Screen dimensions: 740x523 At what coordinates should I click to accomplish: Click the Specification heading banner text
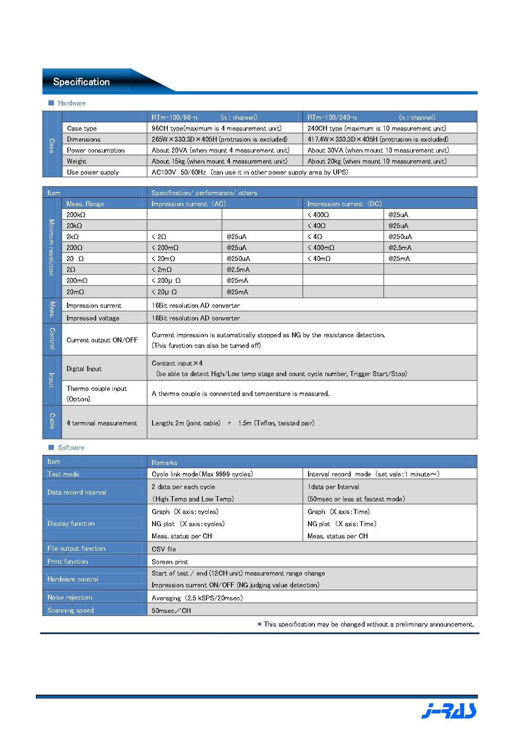click(x=81, y=82)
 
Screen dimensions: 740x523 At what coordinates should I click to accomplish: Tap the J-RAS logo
click(x=449, y=711)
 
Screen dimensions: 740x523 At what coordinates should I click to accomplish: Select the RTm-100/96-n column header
click(x=174, y=117)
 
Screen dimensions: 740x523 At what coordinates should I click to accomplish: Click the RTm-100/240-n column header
click(x=332, y=117)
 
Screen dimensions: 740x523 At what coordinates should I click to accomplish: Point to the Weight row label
click(x=77, y=161)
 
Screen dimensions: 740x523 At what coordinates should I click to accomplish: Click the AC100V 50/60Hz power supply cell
click(x=249, y=172)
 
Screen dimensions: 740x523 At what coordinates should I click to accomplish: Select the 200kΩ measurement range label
click(x=76, y=215)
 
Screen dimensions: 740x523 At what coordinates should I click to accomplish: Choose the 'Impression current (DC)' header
click(x=344, y=204)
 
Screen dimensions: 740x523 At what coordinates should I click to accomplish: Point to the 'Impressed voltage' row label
click(x=93, y=318)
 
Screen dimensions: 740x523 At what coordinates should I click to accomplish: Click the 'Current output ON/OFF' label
click(x=102, y=340)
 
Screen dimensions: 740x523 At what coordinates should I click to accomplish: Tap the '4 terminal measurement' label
click(x=102, y=423)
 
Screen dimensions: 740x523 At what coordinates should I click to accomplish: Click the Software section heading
click(x=71, y=447)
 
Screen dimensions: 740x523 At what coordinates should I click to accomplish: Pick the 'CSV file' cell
click(x=164, y=549)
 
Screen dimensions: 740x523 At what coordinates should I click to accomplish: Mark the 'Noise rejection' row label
click(x=70, y=597)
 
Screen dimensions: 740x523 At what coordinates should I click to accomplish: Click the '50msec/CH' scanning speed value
click(x=171, y=611)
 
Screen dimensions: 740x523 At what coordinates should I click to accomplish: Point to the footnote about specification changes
click(x=365, y=624)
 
